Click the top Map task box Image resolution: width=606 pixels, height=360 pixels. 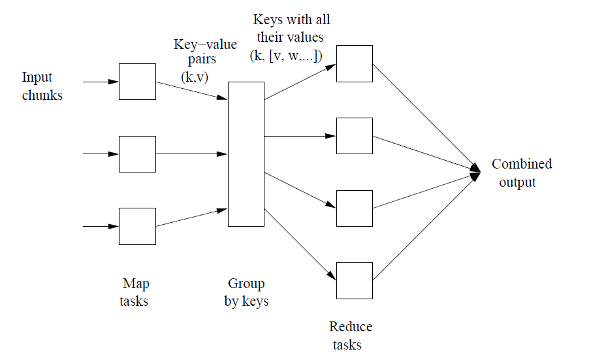click(137, 82)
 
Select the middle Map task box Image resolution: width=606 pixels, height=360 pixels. click(137, 154)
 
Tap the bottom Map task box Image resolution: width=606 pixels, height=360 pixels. click(137, 226)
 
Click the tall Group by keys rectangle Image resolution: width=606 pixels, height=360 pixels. click(246, 154)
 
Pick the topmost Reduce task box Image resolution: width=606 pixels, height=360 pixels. click(354, 63)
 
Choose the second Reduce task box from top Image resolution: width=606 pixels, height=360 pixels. click(354, 136)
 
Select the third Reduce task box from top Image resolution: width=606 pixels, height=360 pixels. click(354, 208)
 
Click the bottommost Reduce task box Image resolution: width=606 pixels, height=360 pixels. click(354, 280)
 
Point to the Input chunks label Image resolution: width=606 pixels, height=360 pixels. click(42, 86)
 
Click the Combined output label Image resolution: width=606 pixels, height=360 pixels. click(521, 173)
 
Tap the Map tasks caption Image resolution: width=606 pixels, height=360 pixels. click(135, 293)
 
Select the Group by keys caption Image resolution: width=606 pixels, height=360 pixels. click(246, 293)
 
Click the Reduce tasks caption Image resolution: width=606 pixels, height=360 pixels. click(351, 336)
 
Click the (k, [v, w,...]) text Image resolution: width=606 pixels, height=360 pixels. click(287, 57)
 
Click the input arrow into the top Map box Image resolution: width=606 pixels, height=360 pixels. click(101, 82)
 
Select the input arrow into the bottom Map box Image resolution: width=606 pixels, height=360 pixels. click(101, 226)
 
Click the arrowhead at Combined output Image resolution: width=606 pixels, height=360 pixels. click(475, 171)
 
